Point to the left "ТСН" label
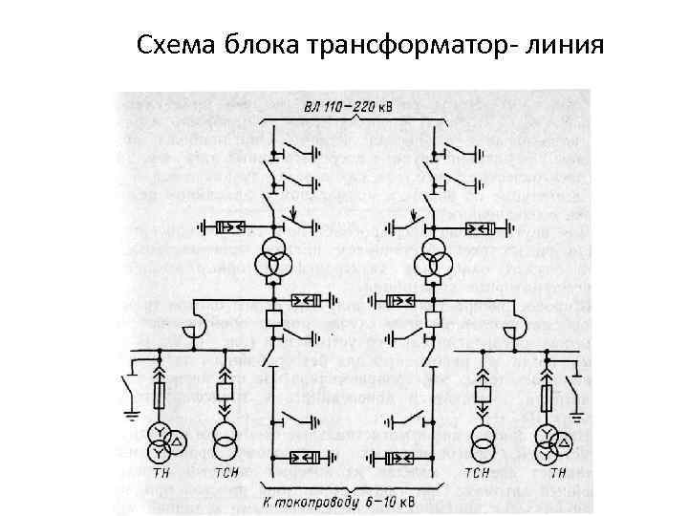click(x=226, y=475)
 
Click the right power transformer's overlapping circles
click(x=433, y=259)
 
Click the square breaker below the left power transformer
click(x=273, y=319)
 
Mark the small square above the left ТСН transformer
click(x=226, y=393)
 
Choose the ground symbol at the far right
click(x=578, y=414)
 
